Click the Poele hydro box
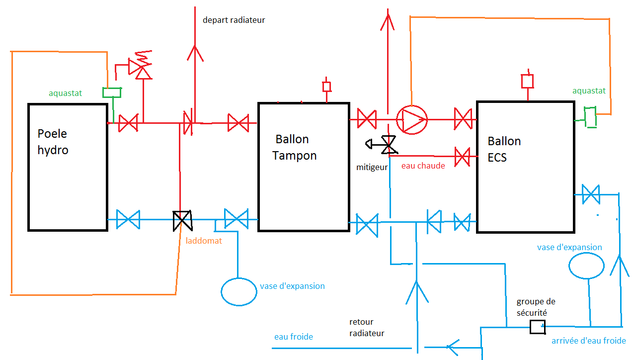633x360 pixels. pyautogui.click(x=68, y=167)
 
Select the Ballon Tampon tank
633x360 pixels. pyautogui.click(x=304, y=167)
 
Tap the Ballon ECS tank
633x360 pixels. pyautogui.click(x=525, y=167)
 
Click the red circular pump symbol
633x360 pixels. pyautogui.click(x=412, y=119)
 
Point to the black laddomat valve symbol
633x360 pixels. pyautogui.click(x=182, y=220)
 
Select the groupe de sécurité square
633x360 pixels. pyautogui.click(x=537, y=327)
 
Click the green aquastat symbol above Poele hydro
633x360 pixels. pyautogui.click(x=112, y=92)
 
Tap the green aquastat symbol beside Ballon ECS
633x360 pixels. pyautogui.click(x=590, y=117)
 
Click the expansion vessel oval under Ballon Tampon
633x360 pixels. pyautogui.click(x=239, y=291)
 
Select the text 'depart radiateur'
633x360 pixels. pyautogui.click(x=234, y=20)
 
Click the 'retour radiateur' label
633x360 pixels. pyautogui.click(x=367, y=328)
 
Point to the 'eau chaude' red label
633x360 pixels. pyautogui.click(x=423, y=166)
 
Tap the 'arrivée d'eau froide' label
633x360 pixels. pyautogui.click(x=588, y=341)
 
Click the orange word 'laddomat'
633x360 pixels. pyautogui.click(x=204, y=241)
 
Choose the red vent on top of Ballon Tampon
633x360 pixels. pyautogui.click(x=326, y=87)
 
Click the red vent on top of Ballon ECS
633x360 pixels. pyautogui.click(x=527, y=81)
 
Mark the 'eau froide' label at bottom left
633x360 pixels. pyautogui.click(x=294, y=337)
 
